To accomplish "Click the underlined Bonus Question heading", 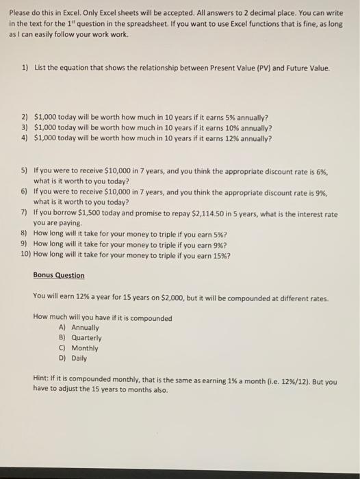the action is coord(59,275).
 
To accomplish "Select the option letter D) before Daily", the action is coord(64,358).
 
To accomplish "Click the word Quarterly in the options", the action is coord(86,337).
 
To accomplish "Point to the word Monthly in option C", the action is coord(85,348).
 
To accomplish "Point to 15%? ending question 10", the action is coord(221,256).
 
